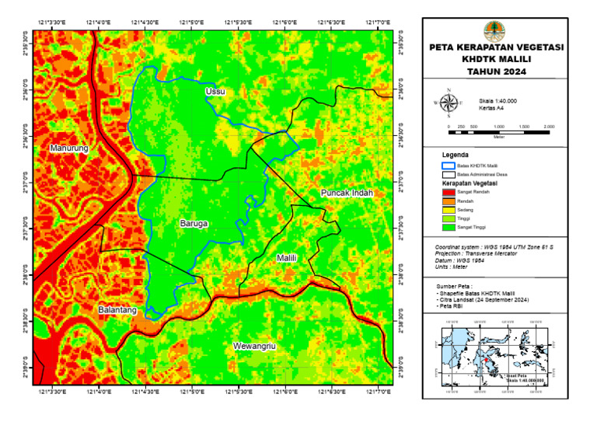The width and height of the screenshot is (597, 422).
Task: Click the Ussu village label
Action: point(215,92)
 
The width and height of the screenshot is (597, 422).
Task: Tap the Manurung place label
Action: point(69,148)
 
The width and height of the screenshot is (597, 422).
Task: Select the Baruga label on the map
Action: point(194,223)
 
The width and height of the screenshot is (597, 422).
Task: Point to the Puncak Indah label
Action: point(347,193)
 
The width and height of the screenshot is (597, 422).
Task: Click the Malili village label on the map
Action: point(287,256)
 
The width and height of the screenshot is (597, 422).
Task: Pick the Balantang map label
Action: point(117,310)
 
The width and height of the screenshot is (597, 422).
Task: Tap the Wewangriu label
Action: point(255,345)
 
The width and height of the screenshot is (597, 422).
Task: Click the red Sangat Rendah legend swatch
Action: point(448,191)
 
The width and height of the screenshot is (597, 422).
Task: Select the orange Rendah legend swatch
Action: point(448,201)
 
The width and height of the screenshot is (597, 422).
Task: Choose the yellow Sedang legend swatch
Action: point(448,210)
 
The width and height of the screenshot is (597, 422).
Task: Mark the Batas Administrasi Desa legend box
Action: point(448,175)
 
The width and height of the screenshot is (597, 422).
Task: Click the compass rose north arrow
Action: point(448,102)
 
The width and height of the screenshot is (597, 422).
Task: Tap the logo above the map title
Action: point(493,31)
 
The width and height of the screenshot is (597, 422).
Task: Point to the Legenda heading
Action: point(455,155)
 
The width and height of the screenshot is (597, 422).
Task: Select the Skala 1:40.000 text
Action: point(498,101)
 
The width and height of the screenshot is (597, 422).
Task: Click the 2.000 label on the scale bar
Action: point(549,126)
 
